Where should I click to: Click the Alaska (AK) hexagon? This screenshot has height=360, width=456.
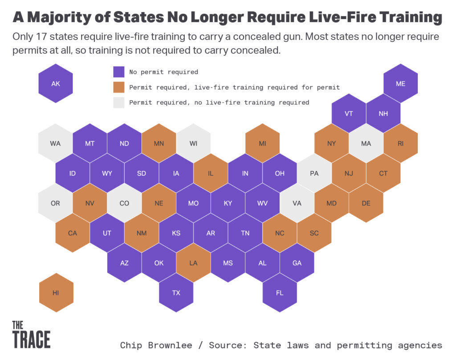(x=56, y=83)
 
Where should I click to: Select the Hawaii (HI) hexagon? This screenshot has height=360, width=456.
(x=56, y=293)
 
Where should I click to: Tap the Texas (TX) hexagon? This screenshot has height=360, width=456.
(x=176, y=293)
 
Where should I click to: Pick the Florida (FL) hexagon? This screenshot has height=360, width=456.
(x=280, y=293)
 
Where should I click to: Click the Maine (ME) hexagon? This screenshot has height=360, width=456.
(x=400, y=83)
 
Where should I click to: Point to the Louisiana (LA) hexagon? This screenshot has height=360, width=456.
(x=193, y=263)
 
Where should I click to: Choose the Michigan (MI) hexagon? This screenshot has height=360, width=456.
(x=263, y=143)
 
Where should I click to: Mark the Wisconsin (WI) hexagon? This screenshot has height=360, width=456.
(x=193, y=143)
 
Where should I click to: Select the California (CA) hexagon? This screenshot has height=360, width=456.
(x=73, y=233)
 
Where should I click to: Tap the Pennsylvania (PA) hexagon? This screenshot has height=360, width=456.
(x=314, y=173)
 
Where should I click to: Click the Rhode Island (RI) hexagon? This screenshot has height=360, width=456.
(x=400, y=143)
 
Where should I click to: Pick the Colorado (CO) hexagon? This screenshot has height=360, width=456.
(x=125, y=203)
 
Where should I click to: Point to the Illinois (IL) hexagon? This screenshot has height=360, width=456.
(x=211, y=173)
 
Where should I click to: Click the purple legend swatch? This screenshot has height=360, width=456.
(x=118, y=72)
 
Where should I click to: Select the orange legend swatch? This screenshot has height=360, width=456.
(x=118, y=87)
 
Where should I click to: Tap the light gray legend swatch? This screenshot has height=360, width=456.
(x=118, y=102)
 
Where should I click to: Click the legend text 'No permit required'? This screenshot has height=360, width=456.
(x=164, y=72)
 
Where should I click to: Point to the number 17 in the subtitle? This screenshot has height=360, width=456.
(x=42, y=37)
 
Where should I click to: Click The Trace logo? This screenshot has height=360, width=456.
(x=32, y=334)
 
